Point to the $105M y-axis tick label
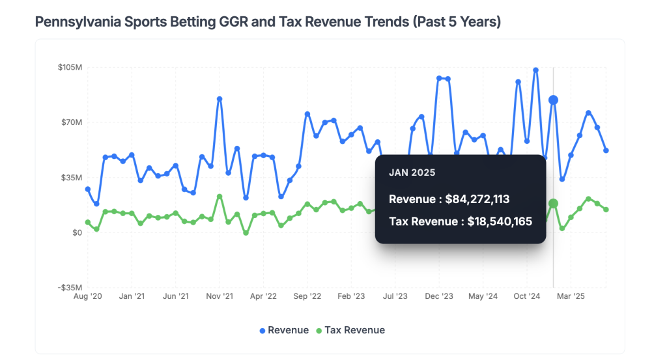pyautogui.click(x=70, y=67)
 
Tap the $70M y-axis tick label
pyautogui.click(x=72, y=122)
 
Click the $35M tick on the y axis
pyautogui.click(x=72, y=178)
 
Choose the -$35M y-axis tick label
pyautogui.click(x=70, y=288)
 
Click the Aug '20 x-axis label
pyautogui.click(x=88, y=296)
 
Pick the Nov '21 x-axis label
pyautogui.click(x=220, y=296)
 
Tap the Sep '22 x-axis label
pyautogui.click(x=307, y=296)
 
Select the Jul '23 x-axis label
pyautogui.click(x=395, y=296)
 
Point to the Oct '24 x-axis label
pyautogui.click(x=527, y=296)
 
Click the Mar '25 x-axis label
pyautogui.click(x=571, y=296)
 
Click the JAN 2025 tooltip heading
pyautogui.click(x=412, y=173)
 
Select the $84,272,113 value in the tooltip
pyautogui.click(x=487, y=199)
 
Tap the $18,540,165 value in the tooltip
pyautogui.click(x=500, y=221)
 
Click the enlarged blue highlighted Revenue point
pyautogui.click(x=553, y=100)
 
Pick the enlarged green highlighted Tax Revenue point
pyautogui.click(x=553, y=204)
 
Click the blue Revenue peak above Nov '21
pyautogui.click(x=220, y=99)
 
